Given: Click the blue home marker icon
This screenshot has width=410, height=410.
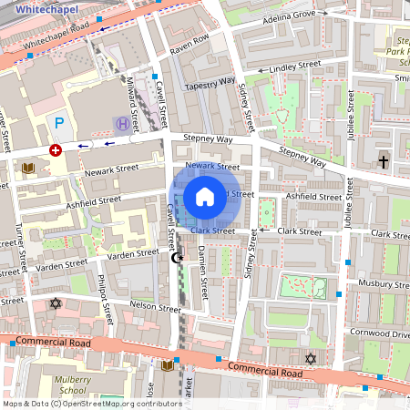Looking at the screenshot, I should click(205, 196).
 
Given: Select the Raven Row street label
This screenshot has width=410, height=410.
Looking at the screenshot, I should click(190, 41).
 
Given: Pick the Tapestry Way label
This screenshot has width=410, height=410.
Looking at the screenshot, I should click(210, 82).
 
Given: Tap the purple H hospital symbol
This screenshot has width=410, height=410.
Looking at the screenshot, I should click(121, 122).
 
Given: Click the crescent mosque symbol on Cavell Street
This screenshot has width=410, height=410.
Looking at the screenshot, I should click(177, 258).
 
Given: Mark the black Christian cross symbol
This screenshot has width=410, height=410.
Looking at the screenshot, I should click(383, 161).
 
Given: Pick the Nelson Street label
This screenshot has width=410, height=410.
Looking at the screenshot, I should click(156, 307).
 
